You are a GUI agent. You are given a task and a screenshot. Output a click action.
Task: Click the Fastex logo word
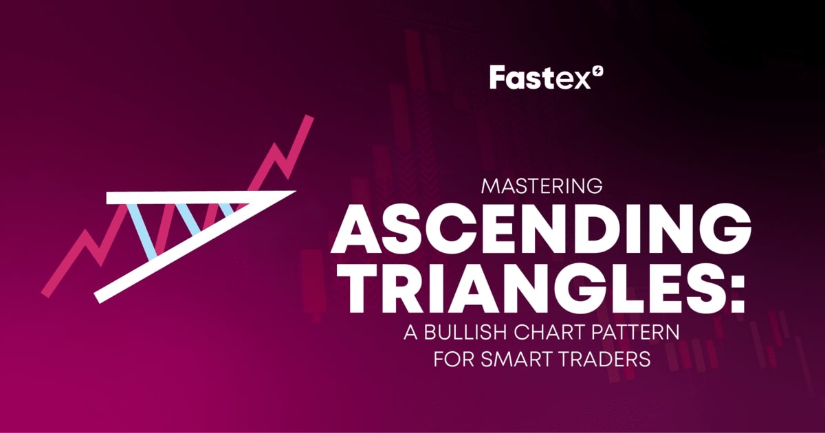point(531,78)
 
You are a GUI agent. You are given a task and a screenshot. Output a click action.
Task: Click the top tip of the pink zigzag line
point(309,119)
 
